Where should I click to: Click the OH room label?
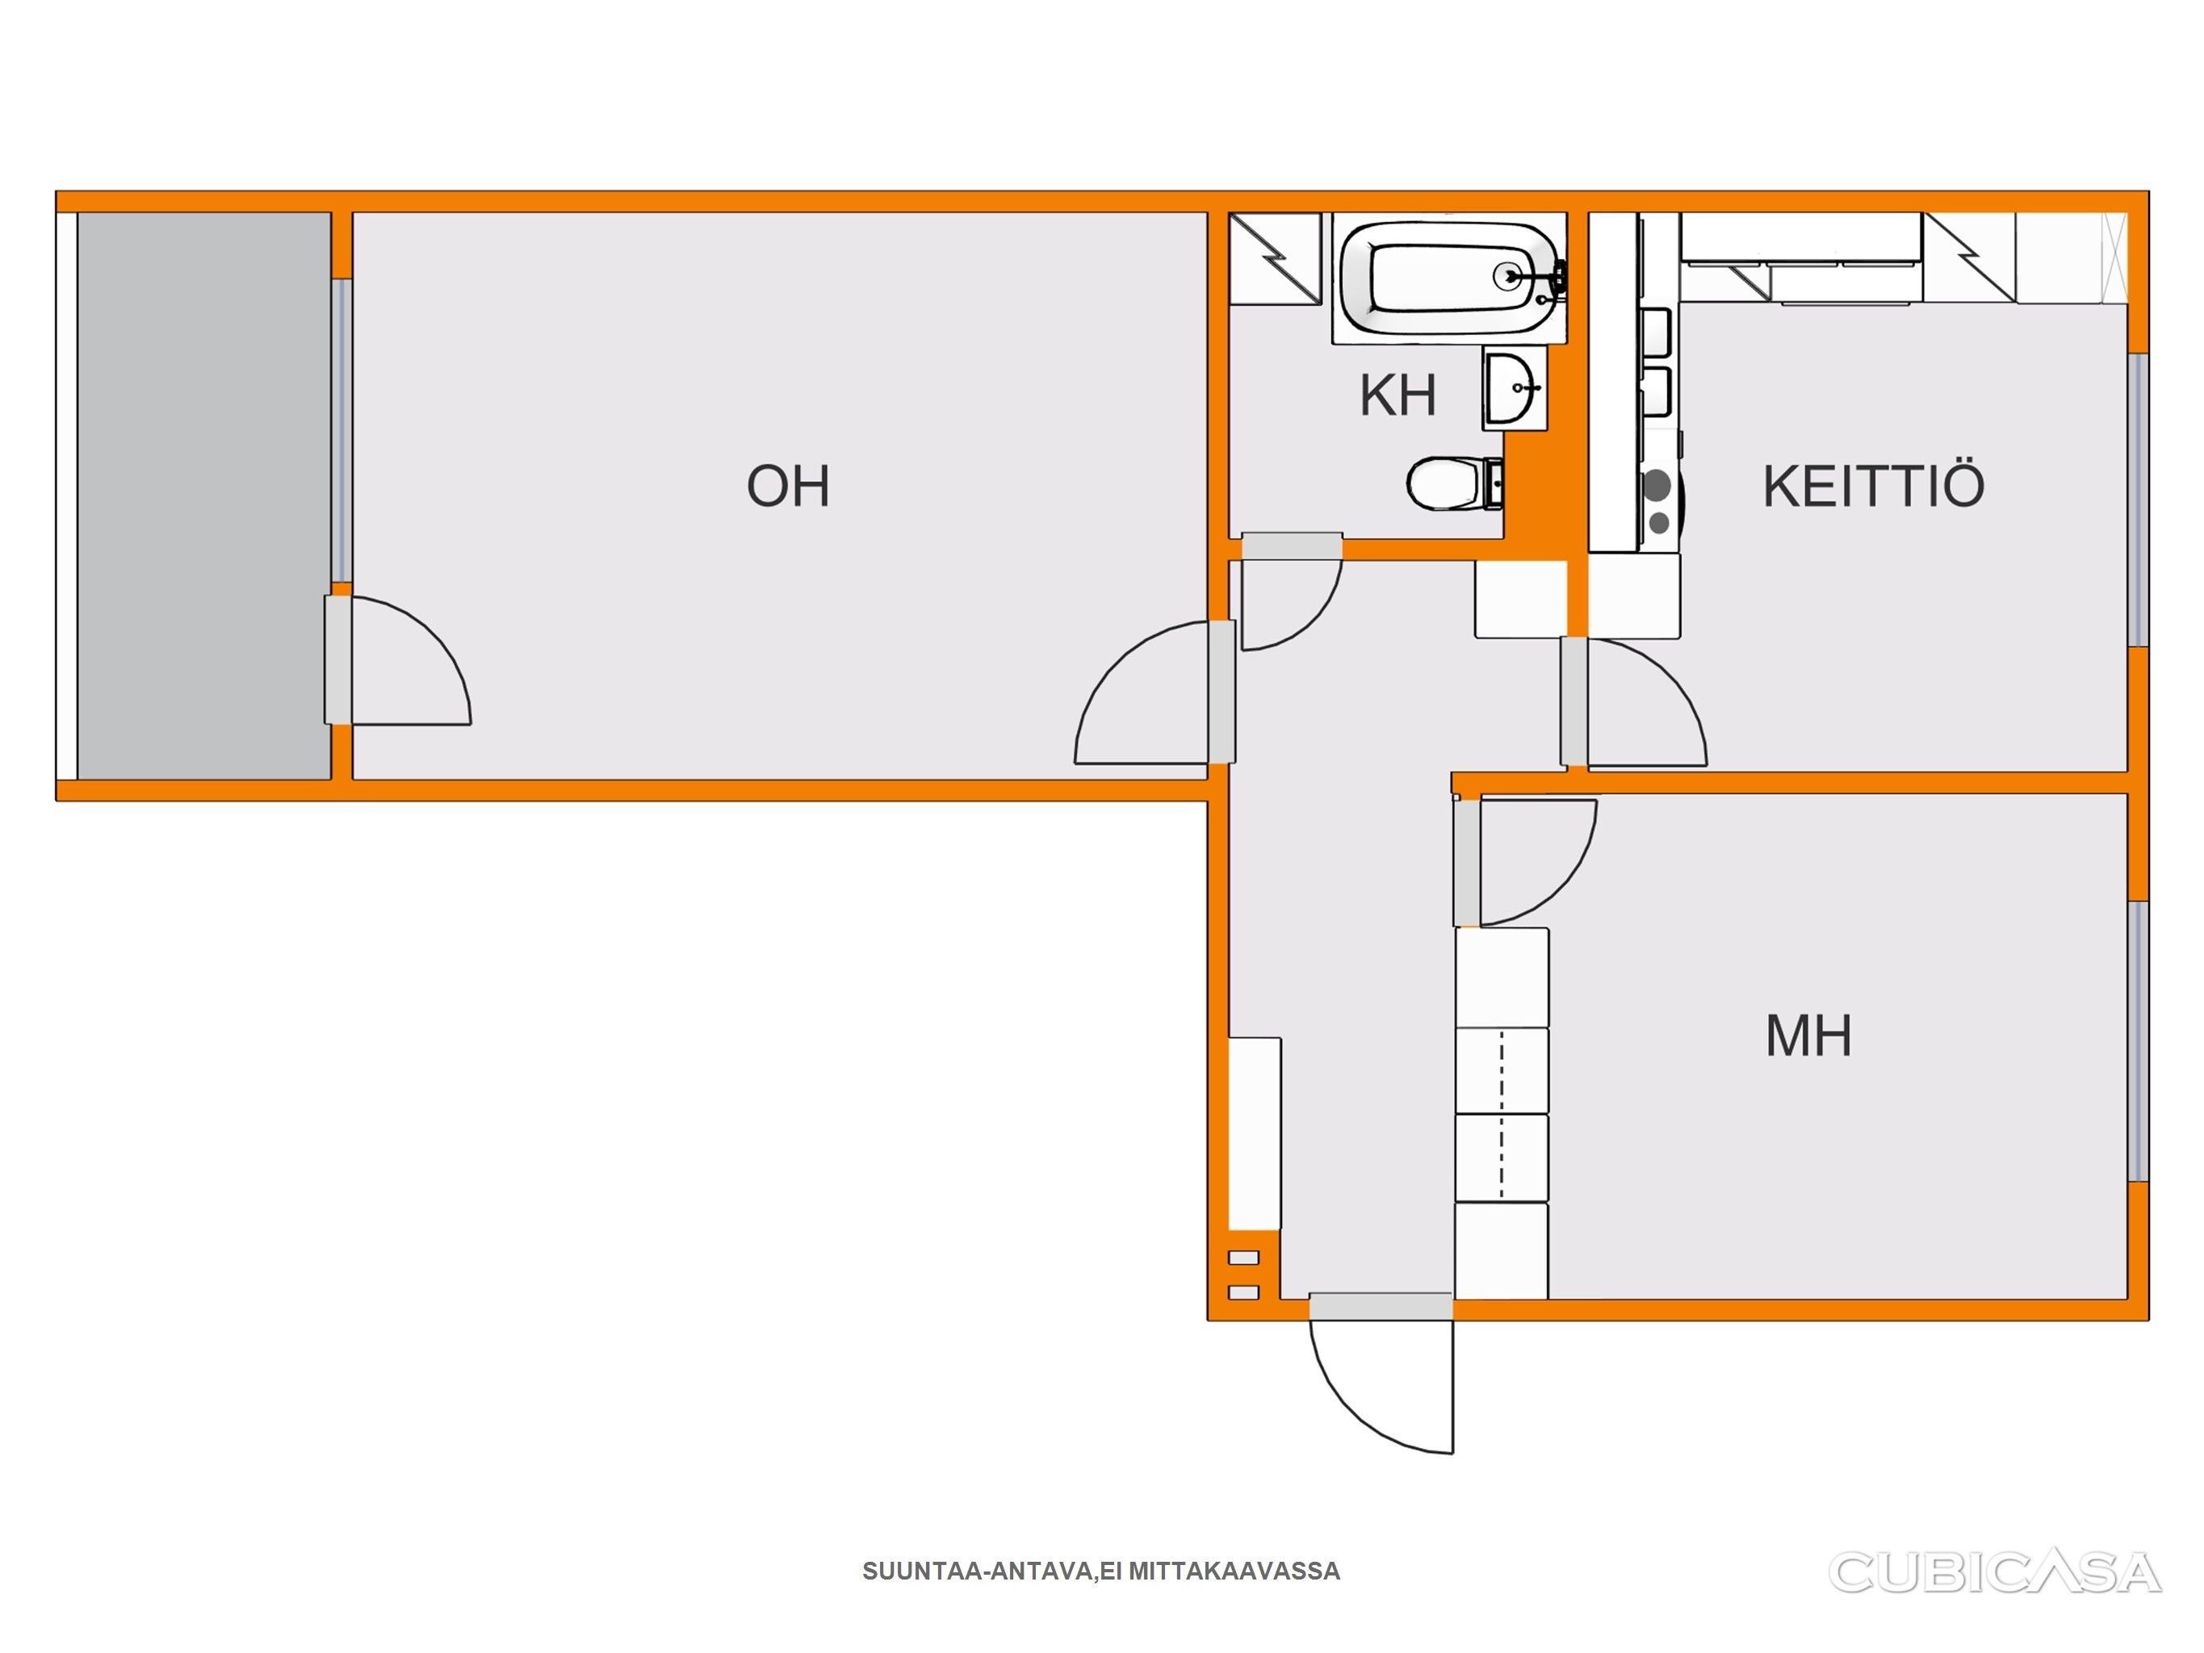(x=787, y=486)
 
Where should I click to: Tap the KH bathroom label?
(x=1398, y=395)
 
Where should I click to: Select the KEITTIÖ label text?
(x=1873, y=486)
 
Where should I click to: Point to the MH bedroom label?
(x=1808, y=1036)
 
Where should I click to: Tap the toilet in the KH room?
(x=1455, y=484)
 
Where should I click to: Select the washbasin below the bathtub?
(x=1514, y=388)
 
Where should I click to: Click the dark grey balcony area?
(x=204, y=496)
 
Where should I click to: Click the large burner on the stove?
(x=1657, y=485)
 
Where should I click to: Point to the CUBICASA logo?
(x=1995, y=1572)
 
